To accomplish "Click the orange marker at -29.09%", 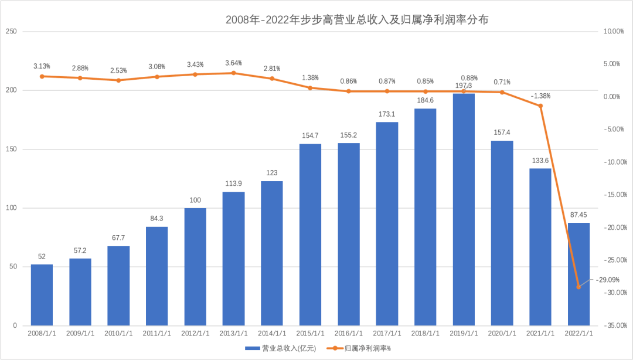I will click(x=578, y=287).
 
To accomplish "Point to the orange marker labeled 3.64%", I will click(x=233, y=73).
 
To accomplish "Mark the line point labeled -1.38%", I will click(x=540, y=106).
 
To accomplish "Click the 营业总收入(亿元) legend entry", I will click(x=281, y=348).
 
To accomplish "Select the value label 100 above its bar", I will click(x=195, y=201).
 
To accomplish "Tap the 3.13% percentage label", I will click(x=42, y=66).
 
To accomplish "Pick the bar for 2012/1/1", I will click(x=195, y=267).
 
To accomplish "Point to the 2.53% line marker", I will click(x=118, y=80).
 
